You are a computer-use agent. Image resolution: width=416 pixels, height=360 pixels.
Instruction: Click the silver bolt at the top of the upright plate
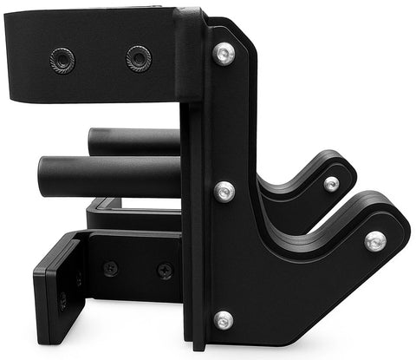click(224, 55)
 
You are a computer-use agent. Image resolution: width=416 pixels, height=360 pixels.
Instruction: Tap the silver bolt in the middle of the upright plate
click(224, 192)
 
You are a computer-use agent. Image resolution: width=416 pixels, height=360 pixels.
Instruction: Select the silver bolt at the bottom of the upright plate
click(224, 320)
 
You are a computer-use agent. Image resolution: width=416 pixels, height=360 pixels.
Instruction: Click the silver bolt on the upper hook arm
click(332, 183)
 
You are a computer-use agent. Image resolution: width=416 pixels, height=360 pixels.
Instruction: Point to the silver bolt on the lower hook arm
click(374, 240)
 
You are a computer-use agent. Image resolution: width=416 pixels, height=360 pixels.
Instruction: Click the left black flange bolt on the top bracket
click(62, 60)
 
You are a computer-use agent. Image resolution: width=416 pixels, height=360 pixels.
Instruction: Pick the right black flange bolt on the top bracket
click(138, 58)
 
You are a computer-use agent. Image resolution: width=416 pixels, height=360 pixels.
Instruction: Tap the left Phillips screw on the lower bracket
click(111, 268)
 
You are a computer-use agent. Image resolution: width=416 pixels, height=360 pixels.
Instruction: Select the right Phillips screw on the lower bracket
click(165, 271)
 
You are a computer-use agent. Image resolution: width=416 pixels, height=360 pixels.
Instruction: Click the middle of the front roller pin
click(108, 176)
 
